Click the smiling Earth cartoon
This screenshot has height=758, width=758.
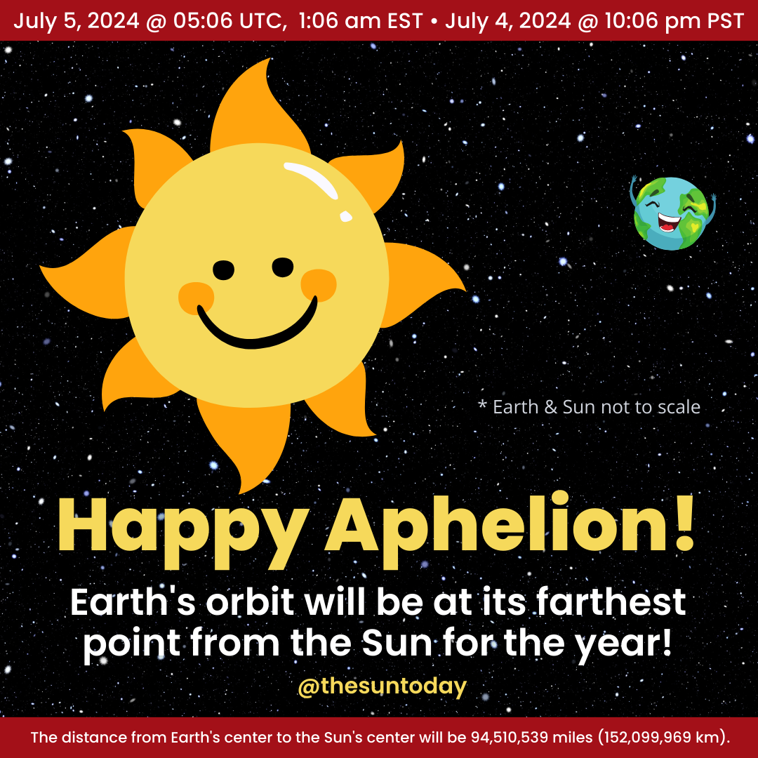pos(673,213)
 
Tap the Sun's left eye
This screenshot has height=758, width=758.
pos(223,269)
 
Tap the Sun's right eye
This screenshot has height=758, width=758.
pos(283,267)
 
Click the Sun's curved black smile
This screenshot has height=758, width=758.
pos(256,330)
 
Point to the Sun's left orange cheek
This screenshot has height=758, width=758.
pos(195,297)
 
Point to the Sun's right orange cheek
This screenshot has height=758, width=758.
pos(318,285)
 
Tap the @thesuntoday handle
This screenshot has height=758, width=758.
pos(382,686)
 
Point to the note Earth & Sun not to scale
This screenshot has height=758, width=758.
pos(589,407)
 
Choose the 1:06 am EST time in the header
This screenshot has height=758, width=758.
pos(360,20)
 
